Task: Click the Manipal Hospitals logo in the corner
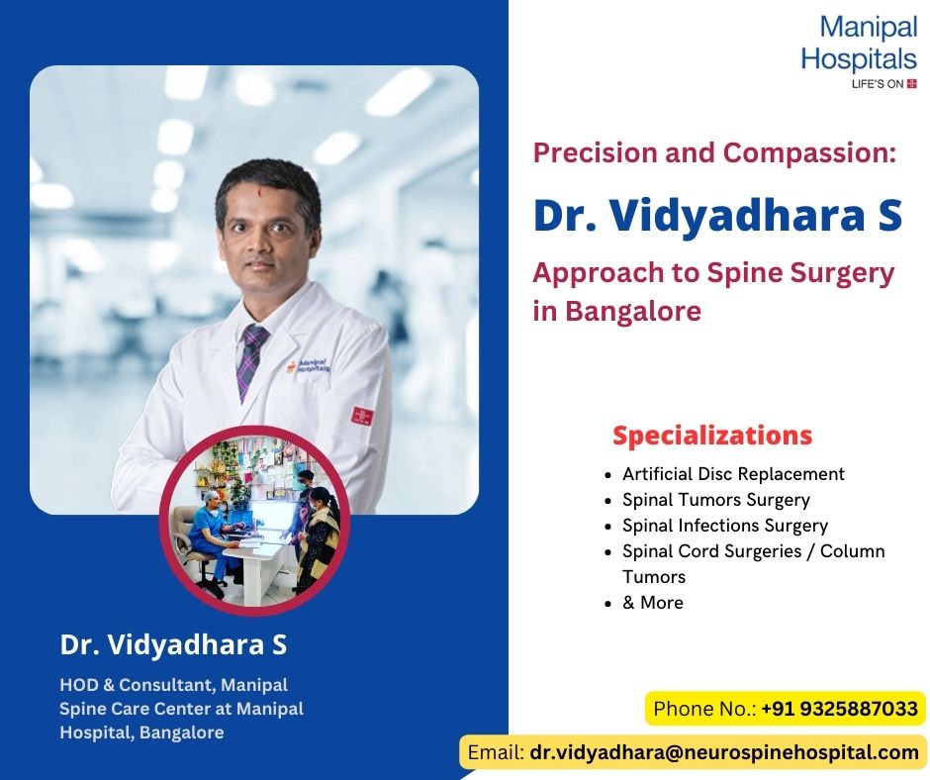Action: tap(858, 54)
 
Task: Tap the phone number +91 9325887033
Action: tap(839, 709)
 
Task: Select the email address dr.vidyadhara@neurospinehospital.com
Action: tap(724, 752)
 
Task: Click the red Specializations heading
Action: tap(712, 436)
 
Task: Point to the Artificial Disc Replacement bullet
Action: tap(733, 474)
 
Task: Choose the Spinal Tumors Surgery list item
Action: tap(715, 500)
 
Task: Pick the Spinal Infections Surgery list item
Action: tap(724, 526)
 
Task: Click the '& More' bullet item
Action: tap(652, 603)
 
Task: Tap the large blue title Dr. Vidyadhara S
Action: tap(717, 217)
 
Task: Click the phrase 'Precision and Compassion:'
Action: tap(714, 152)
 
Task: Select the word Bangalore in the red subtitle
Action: tap(632, 311)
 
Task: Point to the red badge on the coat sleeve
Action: tap(361, 415)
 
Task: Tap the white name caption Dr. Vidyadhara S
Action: tap(173, 645)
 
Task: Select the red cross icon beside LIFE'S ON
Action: tap(912, 84)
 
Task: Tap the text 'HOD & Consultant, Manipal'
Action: tap(173, 685)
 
